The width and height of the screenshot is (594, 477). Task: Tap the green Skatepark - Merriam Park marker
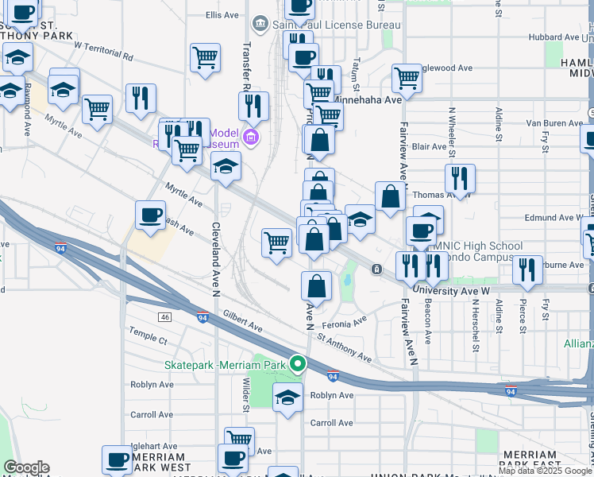click(298, 365)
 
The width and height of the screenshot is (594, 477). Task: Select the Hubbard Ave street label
click(556, 37)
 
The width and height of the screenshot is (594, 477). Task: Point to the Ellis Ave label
click(222, 15)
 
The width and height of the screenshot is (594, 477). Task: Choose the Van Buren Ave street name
click(555, 123)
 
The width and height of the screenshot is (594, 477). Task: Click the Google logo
click(26, 467)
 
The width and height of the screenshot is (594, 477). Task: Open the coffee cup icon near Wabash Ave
click(150, 215)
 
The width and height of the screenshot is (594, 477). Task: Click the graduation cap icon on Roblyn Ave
click(287, 397)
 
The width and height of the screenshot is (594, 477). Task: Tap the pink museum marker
click(252, 138)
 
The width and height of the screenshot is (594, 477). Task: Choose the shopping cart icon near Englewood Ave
click(407, 79)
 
